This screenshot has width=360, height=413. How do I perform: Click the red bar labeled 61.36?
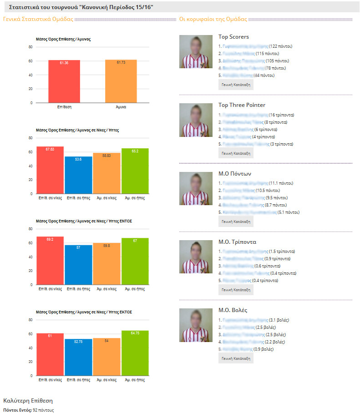point(64,81)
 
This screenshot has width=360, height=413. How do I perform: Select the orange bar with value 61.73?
point(121,81)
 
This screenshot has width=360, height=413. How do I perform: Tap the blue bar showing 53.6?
point(78,175)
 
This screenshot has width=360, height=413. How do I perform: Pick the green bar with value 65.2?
point(135,171)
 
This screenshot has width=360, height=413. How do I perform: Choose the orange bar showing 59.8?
point(106,264)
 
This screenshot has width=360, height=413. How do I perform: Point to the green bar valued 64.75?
point(135,353)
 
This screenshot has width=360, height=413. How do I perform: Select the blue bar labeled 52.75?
point(78,358)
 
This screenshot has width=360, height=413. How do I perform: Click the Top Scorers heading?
point(233,37)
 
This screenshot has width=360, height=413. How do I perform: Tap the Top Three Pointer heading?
point(242,105)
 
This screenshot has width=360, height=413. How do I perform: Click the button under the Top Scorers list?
point(236,85)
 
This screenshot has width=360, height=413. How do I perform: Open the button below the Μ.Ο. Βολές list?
point(236,358)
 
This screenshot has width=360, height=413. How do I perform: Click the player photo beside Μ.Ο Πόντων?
point(196,188)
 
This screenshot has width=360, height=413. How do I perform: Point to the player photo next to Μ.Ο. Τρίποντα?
point(196,257)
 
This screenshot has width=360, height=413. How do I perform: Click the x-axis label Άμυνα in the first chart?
point(121,107)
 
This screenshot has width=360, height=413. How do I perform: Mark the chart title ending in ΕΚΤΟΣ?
point(84,312)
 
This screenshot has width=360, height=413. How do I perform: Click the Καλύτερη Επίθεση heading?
point(28,401)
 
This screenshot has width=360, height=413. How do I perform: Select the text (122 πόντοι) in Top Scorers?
point(280,46)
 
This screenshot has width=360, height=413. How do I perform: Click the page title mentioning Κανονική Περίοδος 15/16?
point(81,7)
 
